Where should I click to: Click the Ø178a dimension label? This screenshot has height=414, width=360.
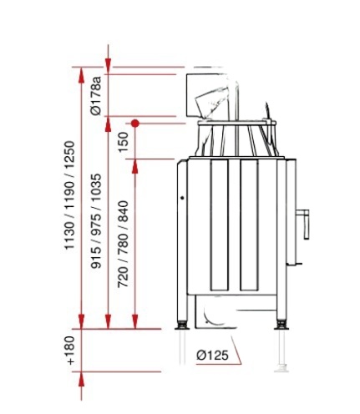click(x=96, y=95)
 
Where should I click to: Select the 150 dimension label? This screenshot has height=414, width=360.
click(x=123, y=142)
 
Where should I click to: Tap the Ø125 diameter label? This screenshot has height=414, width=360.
click(x=212, y=355)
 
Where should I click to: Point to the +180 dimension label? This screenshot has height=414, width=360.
click(x=69, y=351)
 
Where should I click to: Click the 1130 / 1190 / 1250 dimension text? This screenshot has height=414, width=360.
click(x=69, y=195)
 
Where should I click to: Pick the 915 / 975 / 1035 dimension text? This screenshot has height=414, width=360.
click(x=96, y=221)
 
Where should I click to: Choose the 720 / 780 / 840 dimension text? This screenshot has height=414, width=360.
click(x=123, y=245)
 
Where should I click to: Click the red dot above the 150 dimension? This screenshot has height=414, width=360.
click(x=135, y=124)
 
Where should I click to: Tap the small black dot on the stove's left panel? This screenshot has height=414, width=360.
click(x=182, y=198)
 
